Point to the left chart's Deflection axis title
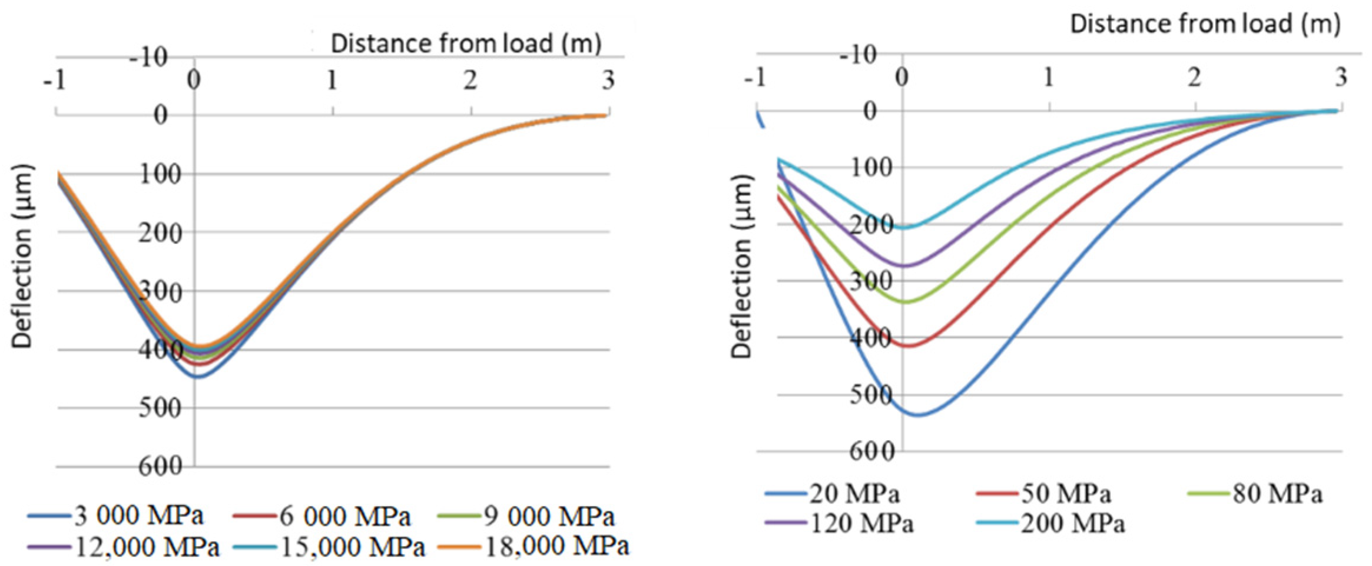point(22,257)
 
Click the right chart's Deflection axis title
point(741,267)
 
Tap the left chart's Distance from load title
point(466,44)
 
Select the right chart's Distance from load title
point(1205,24)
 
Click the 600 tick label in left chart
point(161,466)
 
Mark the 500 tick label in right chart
point(871,395)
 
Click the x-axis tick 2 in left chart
point(469,81)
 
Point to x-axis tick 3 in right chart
point(1341,77)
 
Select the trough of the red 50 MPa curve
point(907,346)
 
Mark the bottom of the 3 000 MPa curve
point(199,377)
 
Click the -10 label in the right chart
point(858,56)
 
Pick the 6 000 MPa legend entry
point(344,516)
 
